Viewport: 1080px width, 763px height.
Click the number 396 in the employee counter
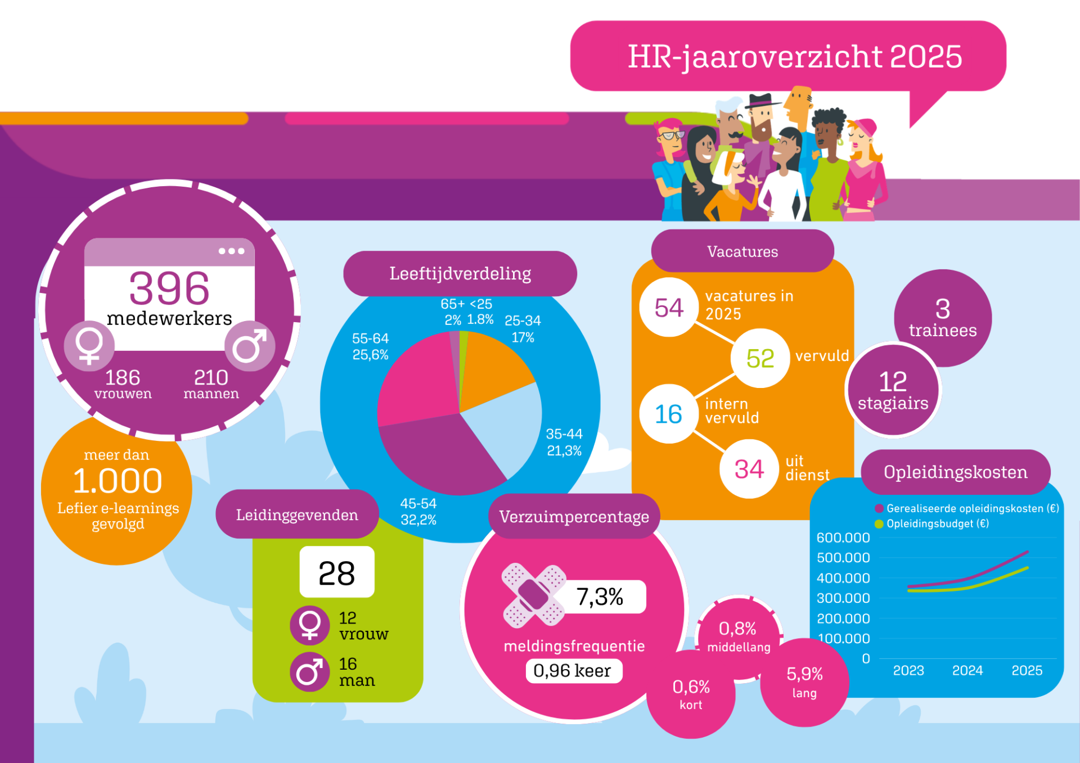(x=169, y=288)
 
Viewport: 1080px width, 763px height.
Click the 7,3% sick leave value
(x=600, y=597)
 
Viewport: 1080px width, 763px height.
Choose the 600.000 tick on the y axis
(x=843, y=538)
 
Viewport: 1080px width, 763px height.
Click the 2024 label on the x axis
(x=967, y=670)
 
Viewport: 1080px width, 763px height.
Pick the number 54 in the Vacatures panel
(x=669, y=308)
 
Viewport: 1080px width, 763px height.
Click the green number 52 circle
(x=760, y=358)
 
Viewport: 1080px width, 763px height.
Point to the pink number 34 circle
(x=749, y=469)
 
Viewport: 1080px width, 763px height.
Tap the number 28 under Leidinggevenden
(x=337, y=573)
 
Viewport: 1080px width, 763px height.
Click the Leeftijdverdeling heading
(x=460, y=274)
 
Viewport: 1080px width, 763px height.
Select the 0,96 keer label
(x=572, y=671)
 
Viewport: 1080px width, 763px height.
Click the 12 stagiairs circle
(x=893, y=390)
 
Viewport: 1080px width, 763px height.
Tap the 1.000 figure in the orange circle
(x=118, y=481)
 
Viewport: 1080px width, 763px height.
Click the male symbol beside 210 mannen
(x=250, y=346)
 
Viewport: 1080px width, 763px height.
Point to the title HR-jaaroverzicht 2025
(x=795, y=57)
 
